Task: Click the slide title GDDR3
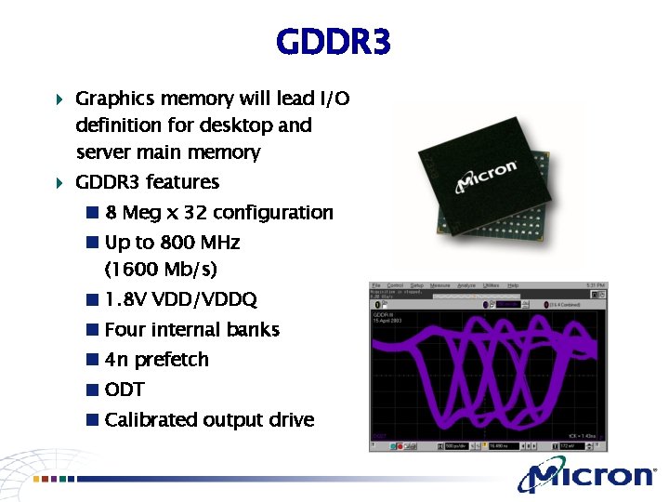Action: click(334, 42)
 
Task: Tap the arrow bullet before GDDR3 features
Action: click(59, 182)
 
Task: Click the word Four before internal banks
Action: click(126, 329)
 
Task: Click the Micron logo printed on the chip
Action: click(485, 177)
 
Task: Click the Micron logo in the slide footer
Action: click(587, 476)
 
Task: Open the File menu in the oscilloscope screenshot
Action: click(376, 285)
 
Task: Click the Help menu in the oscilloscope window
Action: click(513, 285)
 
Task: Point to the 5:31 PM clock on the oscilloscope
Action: click(596, 285)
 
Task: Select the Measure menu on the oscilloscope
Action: click(440, 285)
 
